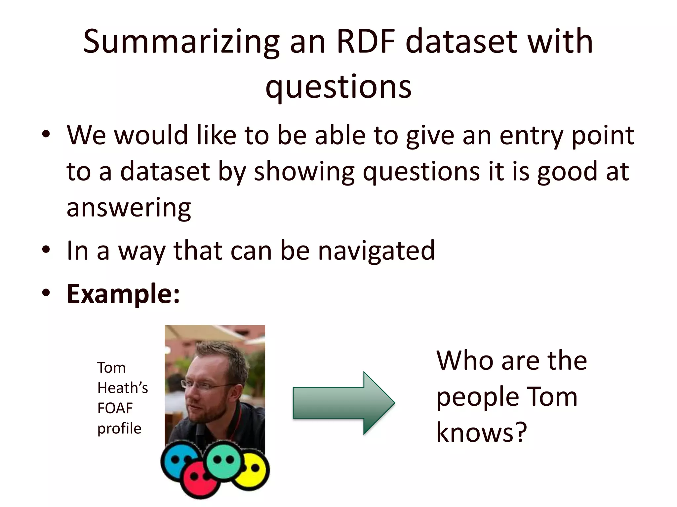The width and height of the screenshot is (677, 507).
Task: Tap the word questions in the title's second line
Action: [x=338, y=87]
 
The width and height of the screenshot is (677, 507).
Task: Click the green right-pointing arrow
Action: [x=344, y=403]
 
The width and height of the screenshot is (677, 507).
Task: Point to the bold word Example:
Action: [x=123, y=293]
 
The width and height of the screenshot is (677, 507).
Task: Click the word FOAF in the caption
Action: [x=115, y=408]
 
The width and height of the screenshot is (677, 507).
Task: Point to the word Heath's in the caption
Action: [x=122, y=388]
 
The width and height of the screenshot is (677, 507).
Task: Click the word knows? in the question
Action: [x=481, y=432]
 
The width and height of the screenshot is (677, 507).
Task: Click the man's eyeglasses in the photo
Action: [x=198, y=385]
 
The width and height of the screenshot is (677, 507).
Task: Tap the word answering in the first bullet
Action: [x=129, y=208]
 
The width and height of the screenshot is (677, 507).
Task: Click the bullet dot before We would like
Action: [x=46, y=135]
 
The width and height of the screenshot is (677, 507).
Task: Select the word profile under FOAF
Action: [x=119, y=428]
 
